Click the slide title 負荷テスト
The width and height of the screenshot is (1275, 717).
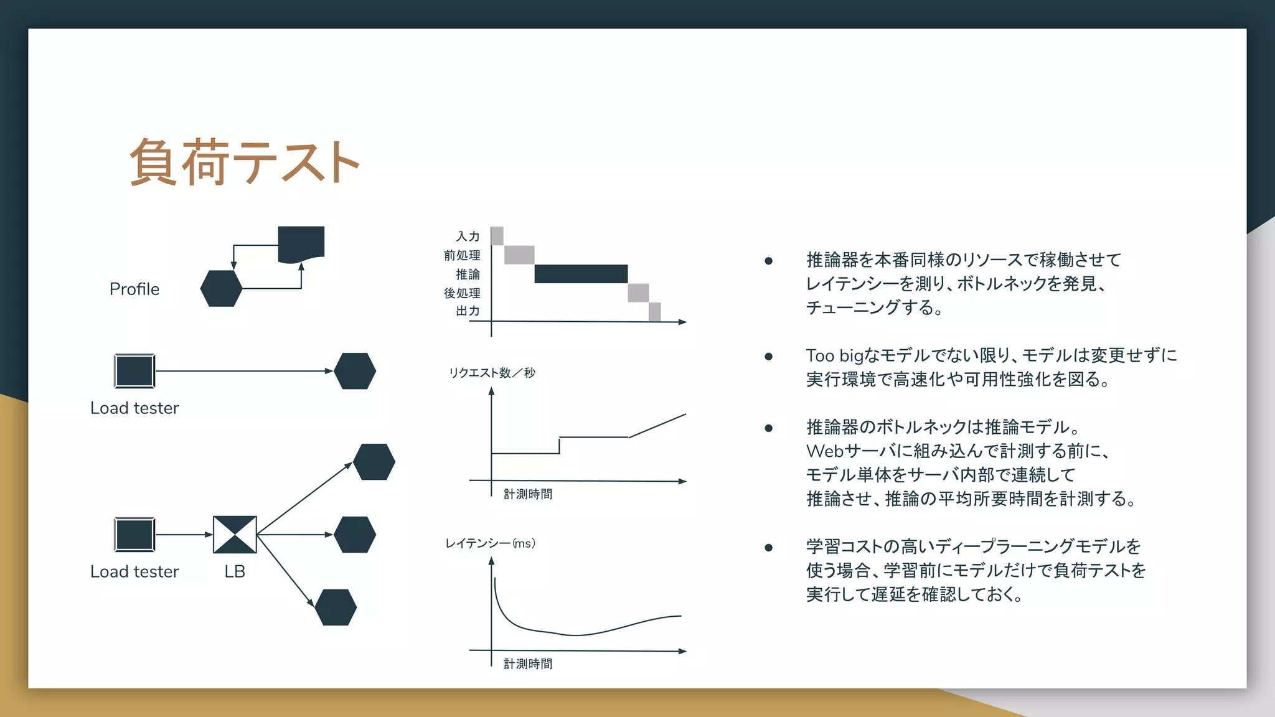[x=244, y=162]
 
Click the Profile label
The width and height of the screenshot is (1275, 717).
[x=134, y=289]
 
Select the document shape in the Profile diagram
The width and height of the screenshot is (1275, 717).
[x=301, y=243]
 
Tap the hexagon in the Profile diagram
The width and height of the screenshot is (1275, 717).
[x=221, y=288]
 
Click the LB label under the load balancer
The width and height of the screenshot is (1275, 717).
[x=235, y=571]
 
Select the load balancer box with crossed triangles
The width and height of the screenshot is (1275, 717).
[x=235, y=535]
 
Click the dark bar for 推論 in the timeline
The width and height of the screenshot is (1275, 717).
[x=580, y=274]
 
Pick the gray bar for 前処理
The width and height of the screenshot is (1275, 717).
[x=519, y=255]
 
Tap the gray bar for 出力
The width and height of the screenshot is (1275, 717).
[x=654, y=311]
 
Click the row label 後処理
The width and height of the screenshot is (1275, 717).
[x=462, y=293]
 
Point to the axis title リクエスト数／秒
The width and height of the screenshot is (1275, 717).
[x=492, y=373]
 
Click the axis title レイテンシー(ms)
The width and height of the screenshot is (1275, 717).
[x=490, y=543]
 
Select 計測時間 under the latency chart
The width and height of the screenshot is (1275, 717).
[x=528, y=664]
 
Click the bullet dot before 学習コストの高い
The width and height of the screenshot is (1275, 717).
[x=769, y=548]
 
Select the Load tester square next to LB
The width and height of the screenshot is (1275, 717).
[x=134, y=535]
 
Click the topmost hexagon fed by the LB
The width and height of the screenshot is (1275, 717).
[x=374, y=462]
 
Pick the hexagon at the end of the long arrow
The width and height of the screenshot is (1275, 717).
[x=355, y=371]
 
